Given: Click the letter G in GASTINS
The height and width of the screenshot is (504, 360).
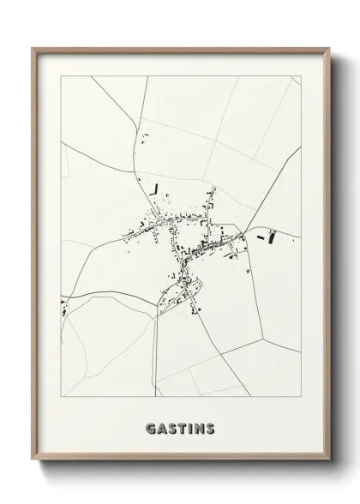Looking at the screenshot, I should click(x=151, y=428).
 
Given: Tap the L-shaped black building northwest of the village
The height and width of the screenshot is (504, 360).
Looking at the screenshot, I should click(x=155, y=188).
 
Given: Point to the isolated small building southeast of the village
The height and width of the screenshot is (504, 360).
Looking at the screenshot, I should click(x=248, y=271).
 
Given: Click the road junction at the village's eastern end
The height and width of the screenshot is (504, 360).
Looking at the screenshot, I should click(x=243, y=235).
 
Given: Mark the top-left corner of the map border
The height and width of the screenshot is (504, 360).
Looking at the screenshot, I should click(x=60, y=75).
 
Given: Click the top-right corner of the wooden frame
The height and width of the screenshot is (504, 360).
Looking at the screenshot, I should click(x=329, y=48).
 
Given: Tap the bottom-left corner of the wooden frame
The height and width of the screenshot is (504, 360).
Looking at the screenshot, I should click(x=33, y=461).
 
